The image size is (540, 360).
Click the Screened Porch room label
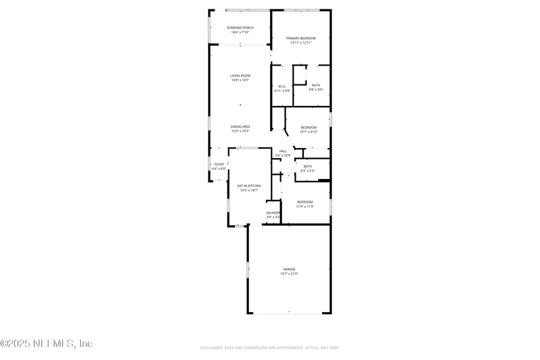tap(240, 28)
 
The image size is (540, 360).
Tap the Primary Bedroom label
tap(301, 38)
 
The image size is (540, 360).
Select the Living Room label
tap(240, 76)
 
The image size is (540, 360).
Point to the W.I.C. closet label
tap(282, 86)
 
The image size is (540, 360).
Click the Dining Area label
tap(240, 126)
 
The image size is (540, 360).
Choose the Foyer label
tap(219, 164)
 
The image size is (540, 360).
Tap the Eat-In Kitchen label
tap(249, 186)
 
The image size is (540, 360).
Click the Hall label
tap(283, 151)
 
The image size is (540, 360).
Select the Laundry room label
tap(273, 213)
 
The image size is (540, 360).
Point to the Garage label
tap(289, 269)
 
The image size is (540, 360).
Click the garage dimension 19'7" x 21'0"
tap(290, 274)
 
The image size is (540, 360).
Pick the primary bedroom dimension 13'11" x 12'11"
tap(301, 43)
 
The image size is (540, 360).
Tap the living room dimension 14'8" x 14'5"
tap(240, 80)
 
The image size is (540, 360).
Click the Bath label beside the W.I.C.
tap(316, 85)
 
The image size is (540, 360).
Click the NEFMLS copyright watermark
tap(47, 344)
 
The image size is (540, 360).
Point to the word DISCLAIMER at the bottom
tap(212, 348)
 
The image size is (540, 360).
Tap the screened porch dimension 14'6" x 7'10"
tap(240, 32)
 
